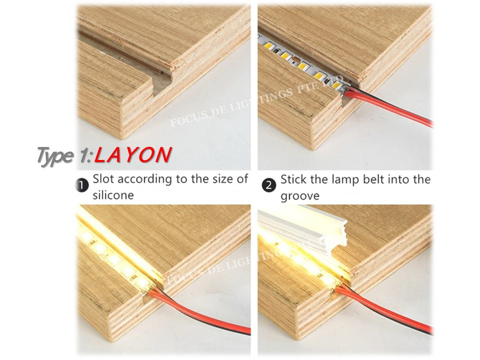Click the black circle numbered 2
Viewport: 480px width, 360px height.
[269, 186]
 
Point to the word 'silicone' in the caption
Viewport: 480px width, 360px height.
[113, 195]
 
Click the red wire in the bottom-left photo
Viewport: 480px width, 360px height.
[200, 315]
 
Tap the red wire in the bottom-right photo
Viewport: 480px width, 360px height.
[390, 312]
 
